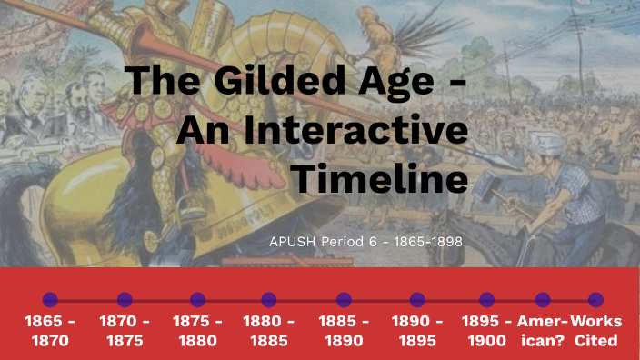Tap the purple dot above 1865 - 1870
coord(50,299)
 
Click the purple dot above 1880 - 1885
coord(268,299)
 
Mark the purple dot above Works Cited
coord(595,299)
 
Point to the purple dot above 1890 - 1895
coord(417,299)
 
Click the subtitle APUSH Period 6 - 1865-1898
coord(366,242)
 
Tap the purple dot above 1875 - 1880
coord(197,299)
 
